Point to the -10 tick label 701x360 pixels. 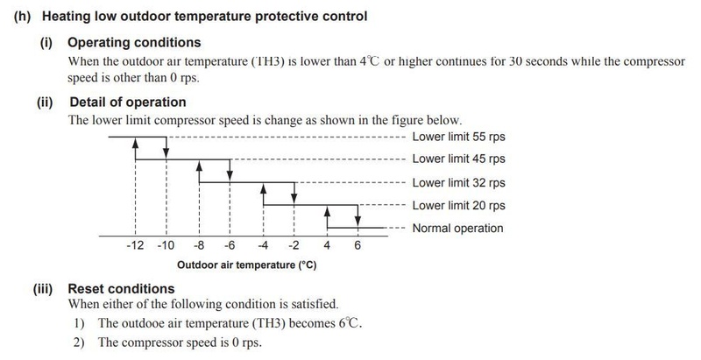coord(166,246)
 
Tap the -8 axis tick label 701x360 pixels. coord(199,246)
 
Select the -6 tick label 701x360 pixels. coord(230,246)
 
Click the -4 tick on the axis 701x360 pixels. coord(263,246)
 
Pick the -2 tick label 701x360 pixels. coord(294,246)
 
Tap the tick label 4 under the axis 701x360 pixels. coord(327,246)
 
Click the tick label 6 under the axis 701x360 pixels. coord(358,246)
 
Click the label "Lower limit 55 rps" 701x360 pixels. coord(457,138)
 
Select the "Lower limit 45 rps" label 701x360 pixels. coord(457,159)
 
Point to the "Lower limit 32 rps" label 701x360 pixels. coord(457,183)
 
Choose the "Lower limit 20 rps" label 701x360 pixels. coord(457,206)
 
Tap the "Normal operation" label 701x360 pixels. coord(457,229)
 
